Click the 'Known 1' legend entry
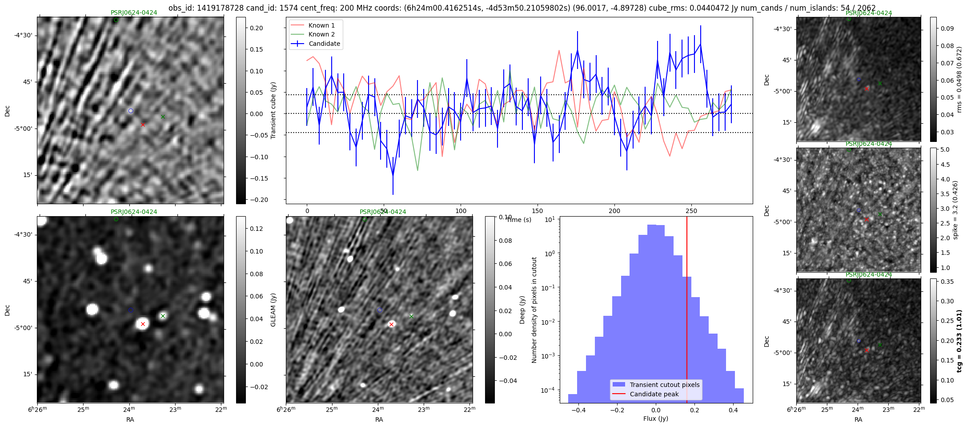pos(321,25)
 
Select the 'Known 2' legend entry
pos(321,34)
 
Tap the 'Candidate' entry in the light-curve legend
pos(324,44)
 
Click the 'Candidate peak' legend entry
pos(654,394)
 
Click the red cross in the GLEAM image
pos(143,324)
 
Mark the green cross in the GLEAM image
pos(163,316)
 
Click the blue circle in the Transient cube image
pos(131,111)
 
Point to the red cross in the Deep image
pos(391,324)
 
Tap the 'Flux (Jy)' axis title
pos(655,419)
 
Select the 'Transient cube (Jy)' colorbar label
pos(273,110)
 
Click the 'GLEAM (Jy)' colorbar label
pos(273,310)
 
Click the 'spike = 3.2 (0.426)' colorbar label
pos(955,210)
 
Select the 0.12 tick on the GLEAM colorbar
pos(257,229)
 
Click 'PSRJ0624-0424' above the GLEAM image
pos(134,212)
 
